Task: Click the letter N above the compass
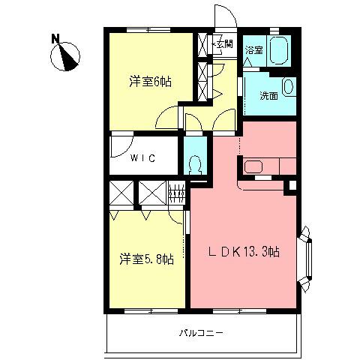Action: tap(55, 39)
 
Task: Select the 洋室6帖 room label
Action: tap(151, 82)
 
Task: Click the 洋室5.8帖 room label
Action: tap(146, 259)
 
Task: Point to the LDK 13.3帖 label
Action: tap(244, 251)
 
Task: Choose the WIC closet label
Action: tap(142, 158)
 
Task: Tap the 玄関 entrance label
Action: tap(223, 44)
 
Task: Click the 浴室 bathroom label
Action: tap(254, 50)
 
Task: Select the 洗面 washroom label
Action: tap(269, 96)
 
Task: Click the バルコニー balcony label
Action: tap(201, 333)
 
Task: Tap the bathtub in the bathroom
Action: tap(279, 51)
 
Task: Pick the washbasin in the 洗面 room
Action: tap(289, 87)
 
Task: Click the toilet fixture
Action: tap(195, 165)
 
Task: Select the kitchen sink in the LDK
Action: tap(253, 167)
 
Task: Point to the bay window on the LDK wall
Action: tap(305, 259)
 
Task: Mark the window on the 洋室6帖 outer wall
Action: tap(148, 30)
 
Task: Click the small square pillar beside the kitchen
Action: tap(292, 185)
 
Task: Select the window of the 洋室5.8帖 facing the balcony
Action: tap(151, 311)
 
